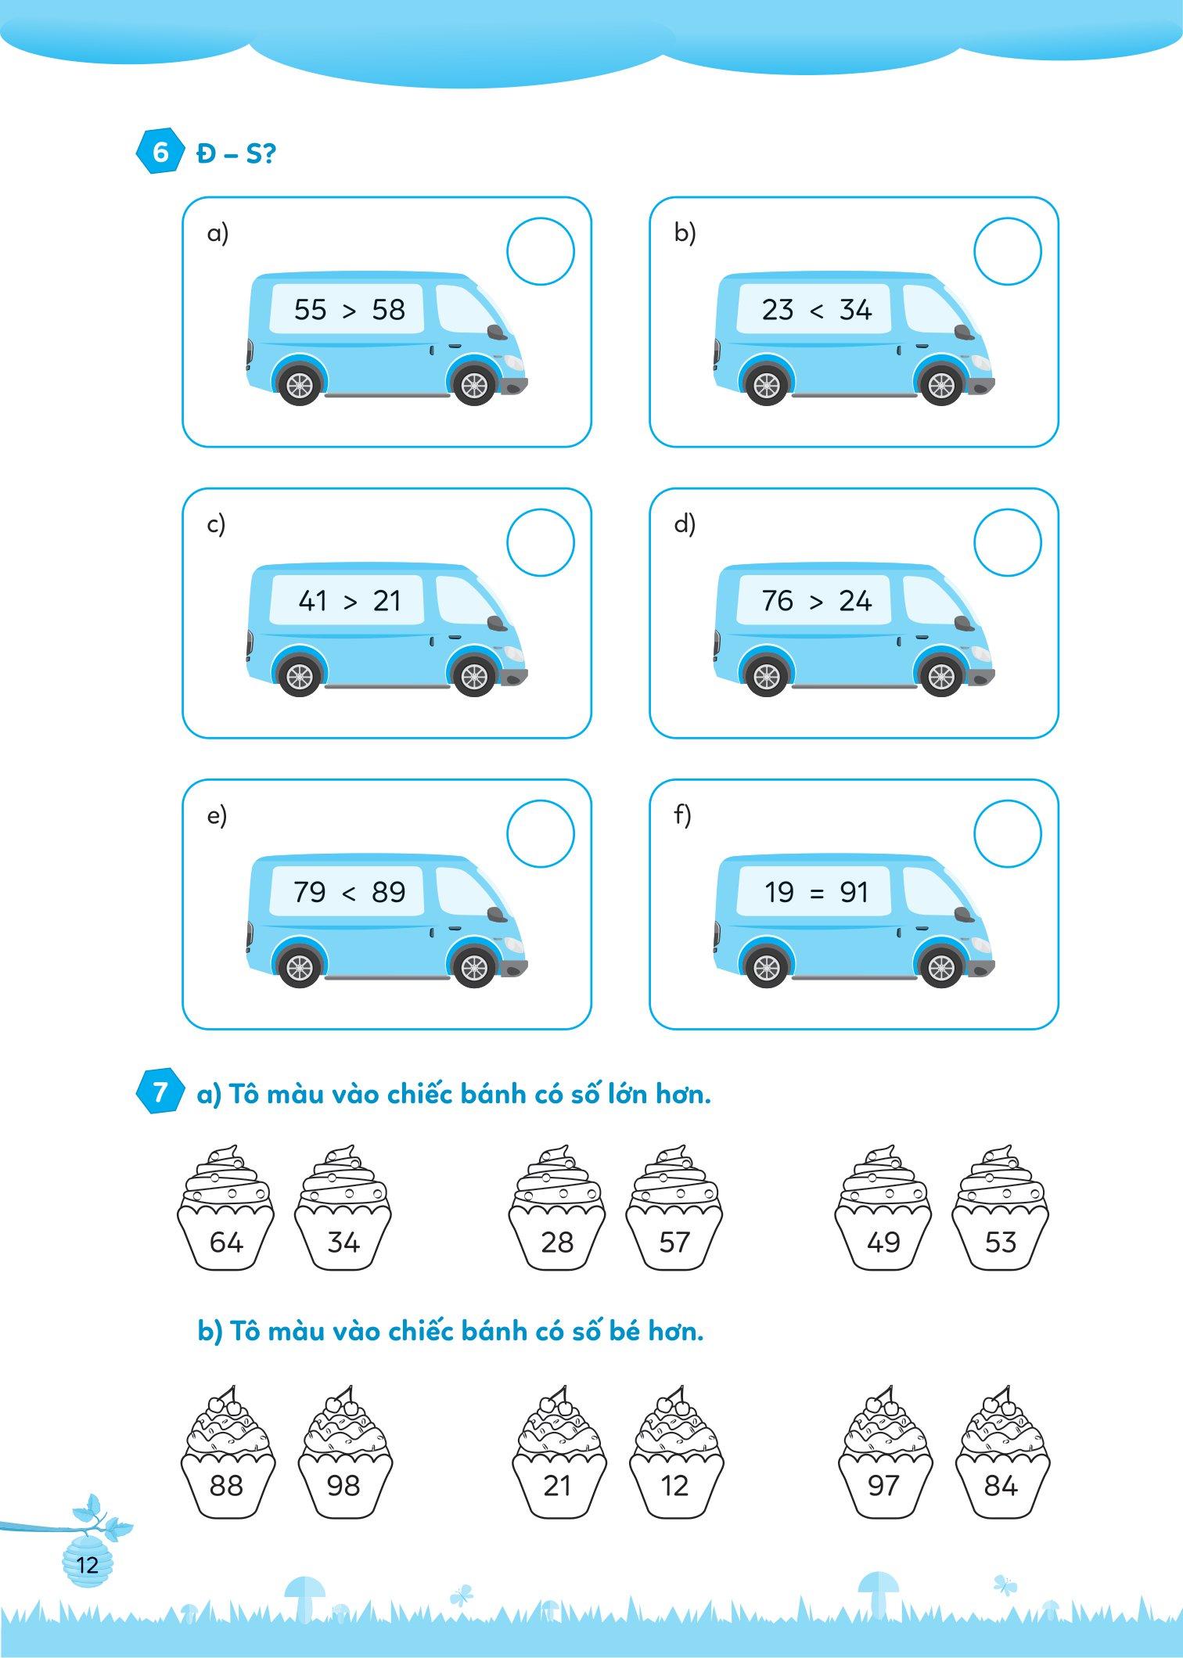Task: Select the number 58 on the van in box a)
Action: pyautogui.click(x=389, y=310)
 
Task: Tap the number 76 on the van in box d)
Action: pyautogui.click(x=778, y=601)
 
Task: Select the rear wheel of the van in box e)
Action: pyautogui.click(x=300, y=967)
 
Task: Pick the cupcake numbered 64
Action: pyautogui.click(x=226, y=1208)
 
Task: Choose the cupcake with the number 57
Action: pyautogui.click(x=674, y=1208)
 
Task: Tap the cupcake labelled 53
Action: pyautogui.click(x=1001, y=1208)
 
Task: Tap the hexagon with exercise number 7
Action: pyautogui.click(x=160, y=1092)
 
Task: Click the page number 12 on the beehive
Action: pyautogui.click(x=88, y=1565)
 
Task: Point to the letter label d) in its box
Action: pyautogui.click(x=685, y=524)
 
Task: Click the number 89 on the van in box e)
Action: pyautogui.click(x=389, y=892)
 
